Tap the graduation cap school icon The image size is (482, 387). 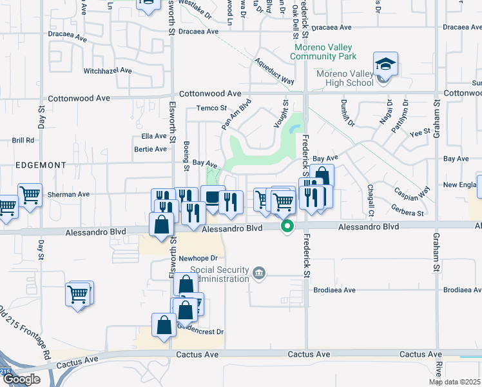385,64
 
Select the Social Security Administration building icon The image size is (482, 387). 259,272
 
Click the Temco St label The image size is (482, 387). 212,108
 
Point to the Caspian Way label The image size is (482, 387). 413,193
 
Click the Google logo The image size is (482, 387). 21,379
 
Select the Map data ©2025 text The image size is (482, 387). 454,382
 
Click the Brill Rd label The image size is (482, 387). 23,140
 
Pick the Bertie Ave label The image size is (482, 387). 149,149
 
